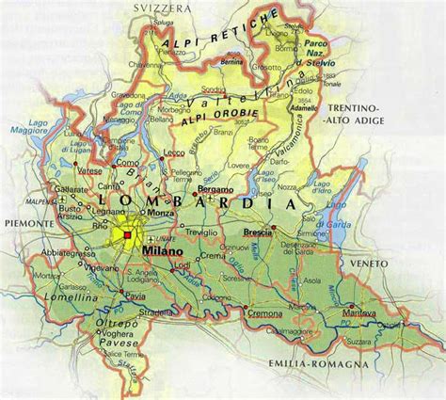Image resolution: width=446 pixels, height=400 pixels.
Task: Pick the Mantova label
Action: point(359,312)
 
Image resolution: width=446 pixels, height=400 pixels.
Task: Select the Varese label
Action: point(89,170)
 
